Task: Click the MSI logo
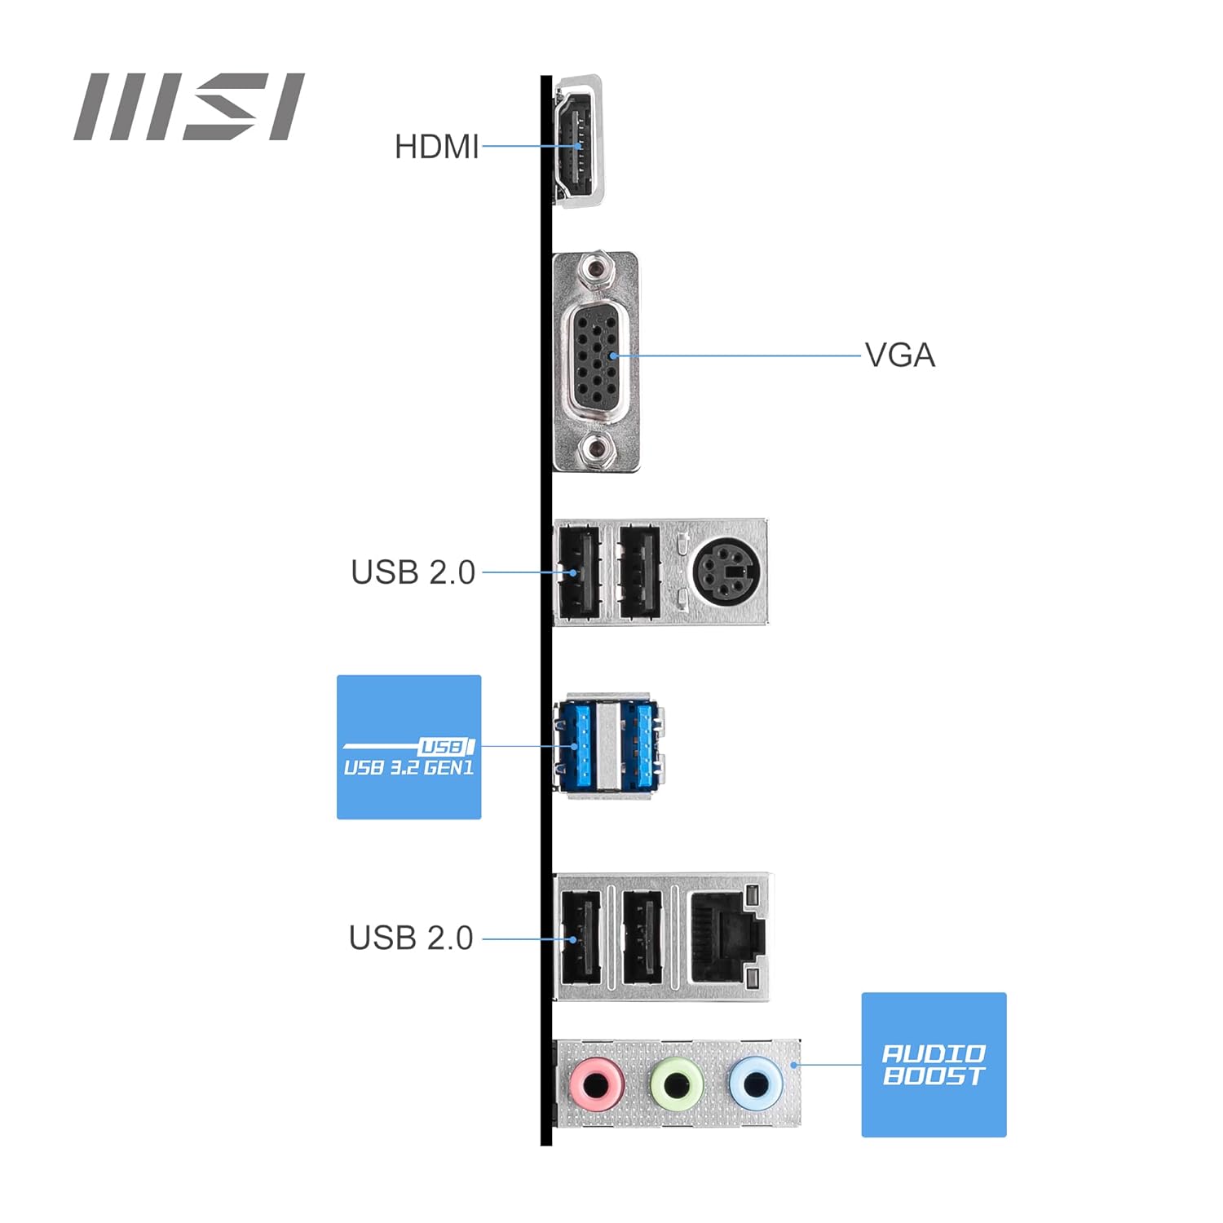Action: click(189, 107)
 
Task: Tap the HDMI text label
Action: click(436, 148)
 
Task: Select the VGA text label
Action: click(899, 355)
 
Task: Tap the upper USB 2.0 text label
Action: click(413, 572)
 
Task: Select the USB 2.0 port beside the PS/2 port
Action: click(639, 572)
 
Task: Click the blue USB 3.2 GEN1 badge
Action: click(408, 747)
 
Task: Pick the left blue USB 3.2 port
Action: click(574, 746)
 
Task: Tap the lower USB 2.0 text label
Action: click(411, 938)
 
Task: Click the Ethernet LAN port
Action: click(726, 938)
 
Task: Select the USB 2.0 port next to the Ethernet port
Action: click(642, 938)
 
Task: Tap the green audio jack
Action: click(677, 1084)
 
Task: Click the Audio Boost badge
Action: click(934, 1065)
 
